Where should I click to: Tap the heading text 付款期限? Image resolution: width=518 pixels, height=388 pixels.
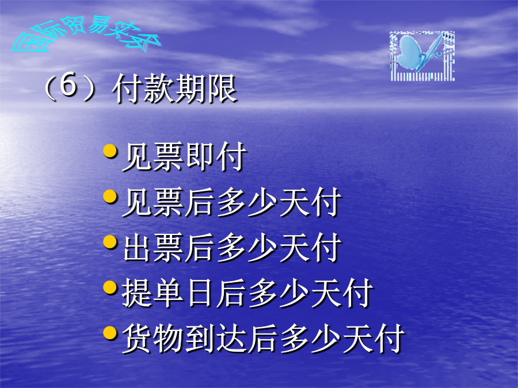(x=174, y=89)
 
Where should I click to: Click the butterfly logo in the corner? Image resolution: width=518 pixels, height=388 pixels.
(x=422, y=56)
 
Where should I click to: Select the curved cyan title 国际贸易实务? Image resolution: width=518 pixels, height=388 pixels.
(x=85, y=34)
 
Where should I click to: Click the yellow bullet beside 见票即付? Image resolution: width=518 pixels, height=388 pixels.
(x=110, y=151)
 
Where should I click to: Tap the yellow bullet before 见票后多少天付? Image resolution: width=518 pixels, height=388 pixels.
(x=110, y=197)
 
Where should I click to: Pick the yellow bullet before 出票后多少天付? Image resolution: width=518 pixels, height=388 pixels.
(x=110, y=242)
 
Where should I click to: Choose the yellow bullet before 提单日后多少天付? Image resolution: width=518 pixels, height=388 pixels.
(x=110, y=287)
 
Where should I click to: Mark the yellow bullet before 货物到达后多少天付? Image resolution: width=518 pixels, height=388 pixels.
(x=110, y=333)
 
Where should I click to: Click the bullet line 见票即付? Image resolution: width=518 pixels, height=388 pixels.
(x=184, y=157)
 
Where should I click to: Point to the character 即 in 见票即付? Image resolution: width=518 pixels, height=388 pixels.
(x=200, y=156)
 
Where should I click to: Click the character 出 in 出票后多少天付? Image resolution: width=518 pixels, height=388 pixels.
(x=137, y=247)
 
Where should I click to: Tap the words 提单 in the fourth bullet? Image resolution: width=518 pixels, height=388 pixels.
(x=153, y=293)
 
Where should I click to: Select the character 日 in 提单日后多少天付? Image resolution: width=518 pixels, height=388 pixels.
(x=200, y=293)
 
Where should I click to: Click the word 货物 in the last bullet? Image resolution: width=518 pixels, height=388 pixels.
(x=153, y=339)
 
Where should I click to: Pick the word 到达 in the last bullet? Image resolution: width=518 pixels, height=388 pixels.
(x=215, y=339)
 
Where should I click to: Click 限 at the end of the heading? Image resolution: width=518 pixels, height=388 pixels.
(x=222, y=89)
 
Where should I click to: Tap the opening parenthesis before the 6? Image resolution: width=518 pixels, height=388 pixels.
(x=50, y=87)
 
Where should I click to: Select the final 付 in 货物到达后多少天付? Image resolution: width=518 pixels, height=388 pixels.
(x=390, y=339)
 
